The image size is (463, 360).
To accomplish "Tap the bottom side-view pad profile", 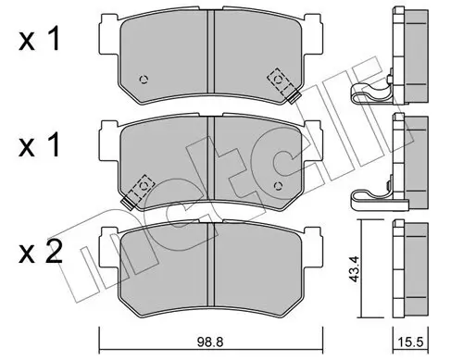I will (407, 278).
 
